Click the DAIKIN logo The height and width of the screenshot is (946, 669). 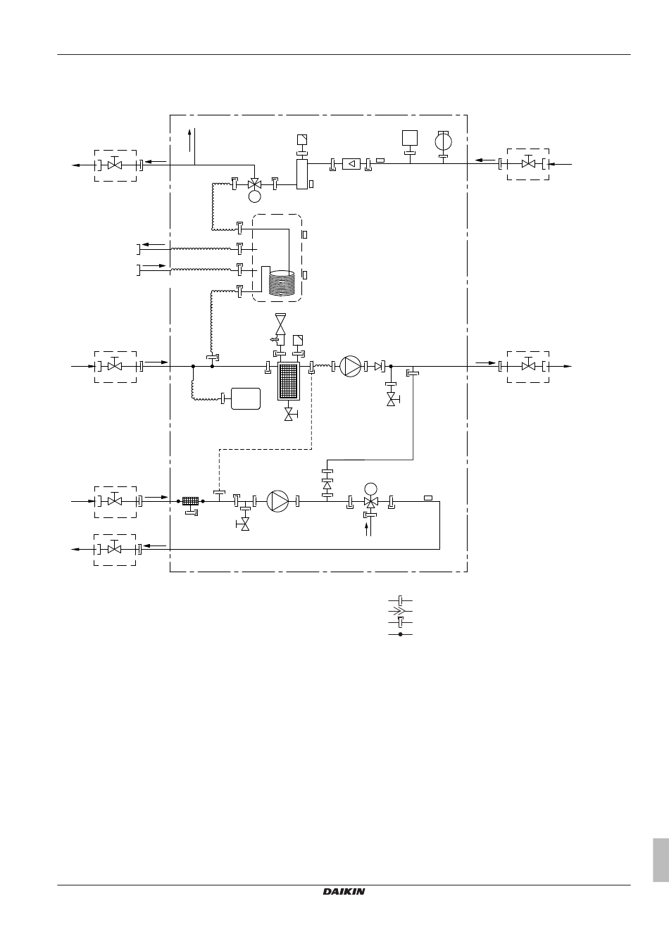[x=344, y=892]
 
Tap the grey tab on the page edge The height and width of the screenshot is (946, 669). [x=661, y=860]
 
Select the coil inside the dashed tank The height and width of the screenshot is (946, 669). [x=282, y=282]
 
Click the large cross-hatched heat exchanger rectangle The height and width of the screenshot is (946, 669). [x=289, y=381]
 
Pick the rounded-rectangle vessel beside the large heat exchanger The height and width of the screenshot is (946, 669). [x=246, y=398]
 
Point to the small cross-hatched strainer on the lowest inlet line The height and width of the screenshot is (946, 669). [x=191, y=501]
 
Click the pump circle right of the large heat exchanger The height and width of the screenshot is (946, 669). [x=351, y=366]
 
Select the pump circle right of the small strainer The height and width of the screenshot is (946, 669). [x=277, y=501]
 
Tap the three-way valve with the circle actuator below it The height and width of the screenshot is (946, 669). [x=254, y=184]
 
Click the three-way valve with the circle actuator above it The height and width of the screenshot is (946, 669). [x=370, y=502]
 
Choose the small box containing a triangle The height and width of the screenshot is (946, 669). [x=351, y=163]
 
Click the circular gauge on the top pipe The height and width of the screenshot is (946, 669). [x=444, y=142]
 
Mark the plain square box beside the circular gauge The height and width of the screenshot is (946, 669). [x=410, y=138]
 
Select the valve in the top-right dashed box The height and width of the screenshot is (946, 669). [x=528, y=163]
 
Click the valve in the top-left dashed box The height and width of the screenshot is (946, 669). [x=115, y=164]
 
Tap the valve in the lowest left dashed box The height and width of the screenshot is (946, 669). [x=114, y=548]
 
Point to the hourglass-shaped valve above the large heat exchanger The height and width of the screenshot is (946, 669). [x=280, y=324]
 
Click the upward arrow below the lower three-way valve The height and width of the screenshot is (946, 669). [x=367, y=529]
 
